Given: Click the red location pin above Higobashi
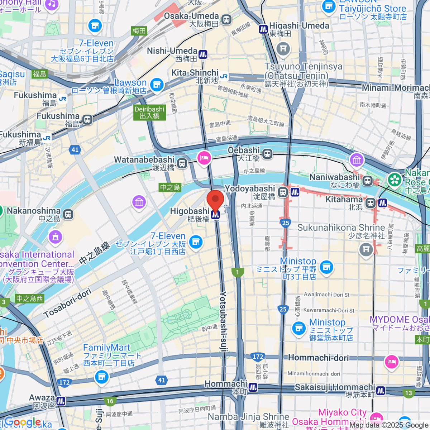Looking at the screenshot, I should point(215,199).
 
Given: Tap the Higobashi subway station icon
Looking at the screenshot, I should point(215,215).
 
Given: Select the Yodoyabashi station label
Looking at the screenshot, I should point(250,189).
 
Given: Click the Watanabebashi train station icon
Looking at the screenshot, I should point(182,164).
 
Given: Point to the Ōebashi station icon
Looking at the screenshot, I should point(267,154).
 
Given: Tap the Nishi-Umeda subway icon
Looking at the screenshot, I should point(203,54).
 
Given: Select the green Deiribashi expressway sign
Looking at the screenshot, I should point(150,113).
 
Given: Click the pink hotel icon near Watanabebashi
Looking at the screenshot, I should point(204,158).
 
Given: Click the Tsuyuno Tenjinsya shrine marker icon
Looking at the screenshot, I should point(283,48).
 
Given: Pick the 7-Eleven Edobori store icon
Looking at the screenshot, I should point(196,242).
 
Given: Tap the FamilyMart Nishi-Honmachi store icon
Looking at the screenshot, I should point(102,377).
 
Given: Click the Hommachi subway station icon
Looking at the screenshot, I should point(253,387).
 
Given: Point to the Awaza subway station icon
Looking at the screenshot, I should point(61,401).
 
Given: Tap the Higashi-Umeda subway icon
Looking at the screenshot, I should point(264,29).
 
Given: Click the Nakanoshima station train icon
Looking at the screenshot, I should point(68,214).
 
